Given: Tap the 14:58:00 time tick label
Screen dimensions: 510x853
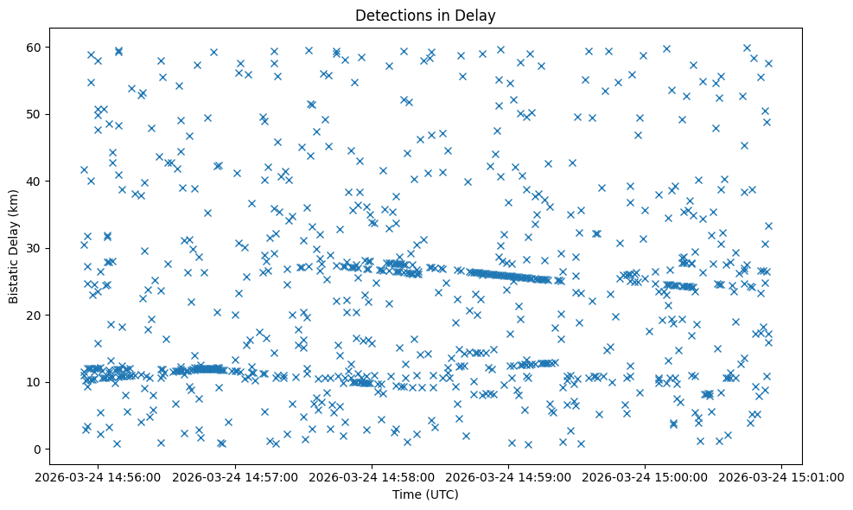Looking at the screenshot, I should pyautogui.click(x=373, y=475).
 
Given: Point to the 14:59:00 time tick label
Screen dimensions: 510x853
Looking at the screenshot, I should pyautogui.click(x=509, y=475).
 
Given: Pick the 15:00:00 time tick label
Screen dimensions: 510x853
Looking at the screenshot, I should pyautogui.click(x=646, y=475).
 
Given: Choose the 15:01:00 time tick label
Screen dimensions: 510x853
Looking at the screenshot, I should pyautogui.click(x=782, y=475).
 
